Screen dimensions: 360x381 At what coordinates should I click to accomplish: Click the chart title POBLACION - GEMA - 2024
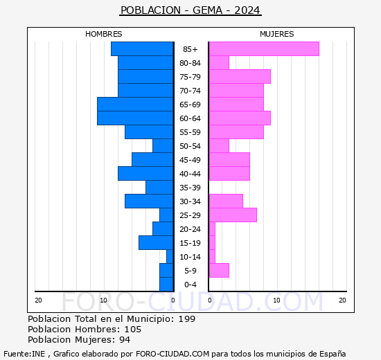[190, 10]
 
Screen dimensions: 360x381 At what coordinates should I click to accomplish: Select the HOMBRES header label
[103, 34]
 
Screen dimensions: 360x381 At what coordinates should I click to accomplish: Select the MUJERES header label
[276, 34]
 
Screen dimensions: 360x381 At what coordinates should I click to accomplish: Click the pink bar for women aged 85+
[263, 48]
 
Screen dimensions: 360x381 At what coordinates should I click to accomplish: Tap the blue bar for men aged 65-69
[135, 104]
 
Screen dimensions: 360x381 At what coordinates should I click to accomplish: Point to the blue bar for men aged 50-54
[163, 145]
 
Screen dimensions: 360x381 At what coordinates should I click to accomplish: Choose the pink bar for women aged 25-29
[232, 215]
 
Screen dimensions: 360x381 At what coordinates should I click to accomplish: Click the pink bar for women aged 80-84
[218, 62]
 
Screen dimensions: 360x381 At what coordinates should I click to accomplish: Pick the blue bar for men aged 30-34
[149, 201]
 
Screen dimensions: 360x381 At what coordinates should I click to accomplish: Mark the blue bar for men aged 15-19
[156, 242]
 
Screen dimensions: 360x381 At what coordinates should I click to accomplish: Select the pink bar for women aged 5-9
[218, 270]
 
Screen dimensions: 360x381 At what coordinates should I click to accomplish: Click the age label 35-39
[190, 188]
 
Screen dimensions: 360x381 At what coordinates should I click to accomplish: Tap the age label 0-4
[190, 285]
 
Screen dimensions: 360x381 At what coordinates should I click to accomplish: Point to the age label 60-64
[190, 118]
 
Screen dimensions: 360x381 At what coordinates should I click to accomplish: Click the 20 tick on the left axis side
[38, 300]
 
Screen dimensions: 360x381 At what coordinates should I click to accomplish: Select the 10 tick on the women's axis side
[276, 300]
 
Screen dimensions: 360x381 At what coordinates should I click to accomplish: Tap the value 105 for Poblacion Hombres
[132, 329]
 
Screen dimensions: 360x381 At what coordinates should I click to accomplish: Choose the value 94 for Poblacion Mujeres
[124, 339]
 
